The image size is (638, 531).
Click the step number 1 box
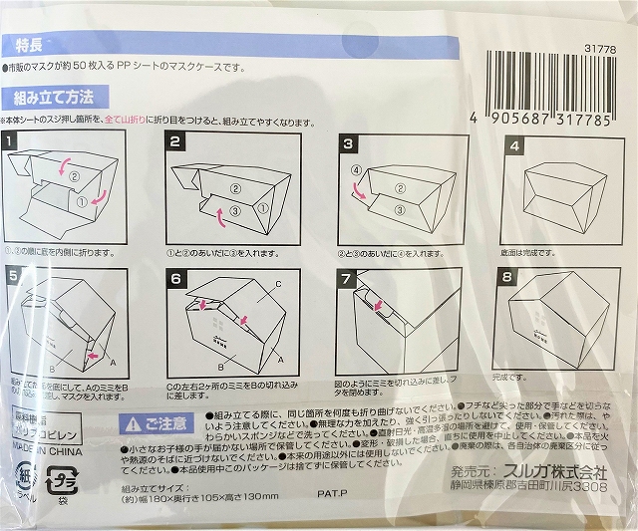[11, 143]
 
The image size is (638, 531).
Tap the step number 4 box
[514, 145]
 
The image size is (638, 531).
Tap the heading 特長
[29, 45]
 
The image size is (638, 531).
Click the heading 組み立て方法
[54, 98]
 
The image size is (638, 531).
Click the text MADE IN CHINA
[38, 443]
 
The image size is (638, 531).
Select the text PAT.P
[332, 491]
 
